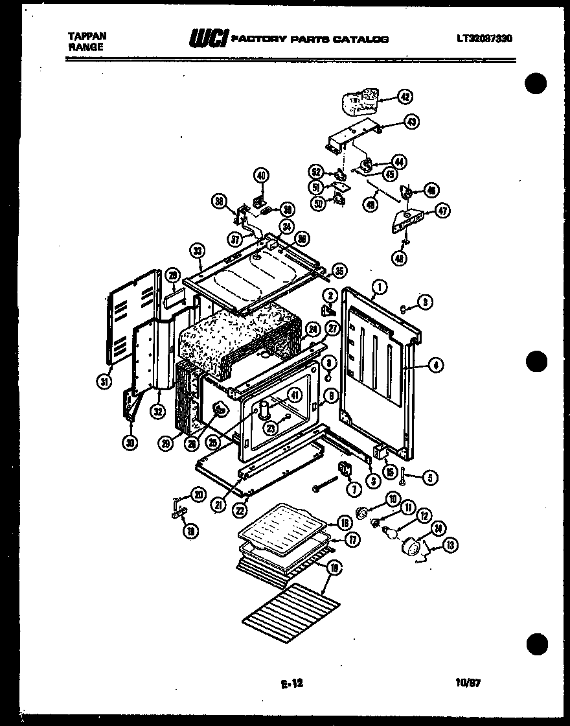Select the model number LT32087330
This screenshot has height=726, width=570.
[484, 39]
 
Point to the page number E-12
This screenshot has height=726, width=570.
[292, 683]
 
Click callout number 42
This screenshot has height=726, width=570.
[404, 98]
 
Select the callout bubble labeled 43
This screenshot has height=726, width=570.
[411, 121]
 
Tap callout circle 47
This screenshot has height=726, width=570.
[443, 211]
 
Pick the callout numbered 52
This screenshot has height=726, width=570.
[315, 172]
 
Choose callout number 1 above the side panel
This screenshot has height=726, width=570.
[379, 285]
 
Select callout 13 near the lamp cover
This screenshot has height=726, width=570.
[449, 544]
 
